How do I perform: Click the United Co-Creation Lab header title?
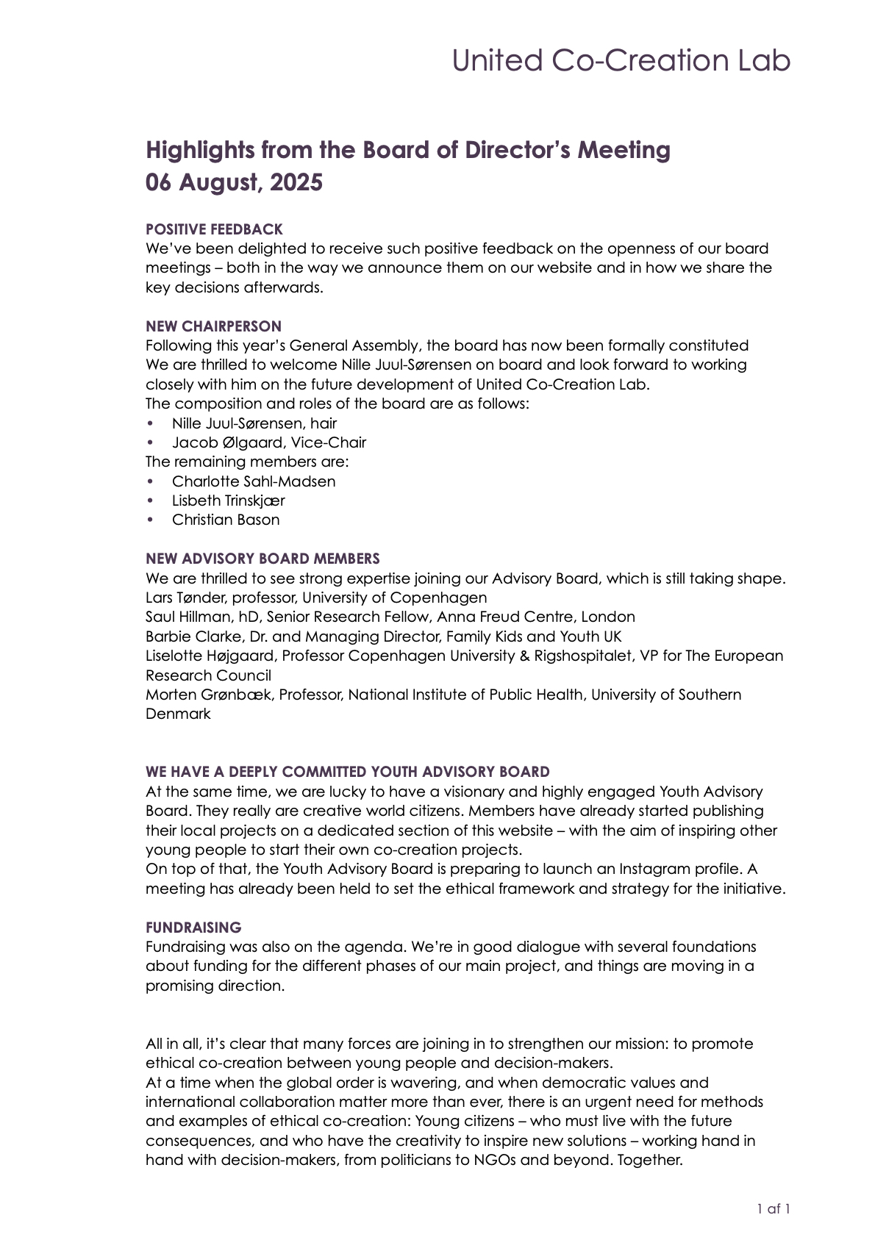pyautogui.click(x=621, y=60)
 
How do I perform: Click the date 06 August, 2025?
pyautogui.click(x=234, y=182)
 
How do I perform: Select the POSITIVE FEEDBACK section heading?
pyautogui.click(x=214, y=229)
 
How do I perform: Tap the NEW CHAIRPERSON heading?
pyautogui.click(x=213, y=326)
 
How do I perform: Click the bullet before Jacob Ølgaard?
pyautogui.click(x=151, y=442)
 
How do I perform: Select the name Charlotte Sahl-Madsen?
pyautogui.click(x=254, y=481)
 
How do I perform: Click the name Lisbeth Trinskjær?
pyautogui.click(x=228, y=501)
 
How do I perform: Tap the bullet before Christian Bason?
pyautogui.click(x=151, y=520)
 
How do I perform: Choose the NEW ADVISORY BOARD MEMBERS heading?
pyautogui.click(x=262, y=559)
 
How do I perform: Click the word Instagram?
pyautogui.click(x=654, y=869)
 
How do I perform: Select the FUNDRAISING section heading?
pyautogui.click(x=193, y=928)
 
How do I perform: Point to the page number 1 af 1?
pyautogui.click(x=774, y=1208)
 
